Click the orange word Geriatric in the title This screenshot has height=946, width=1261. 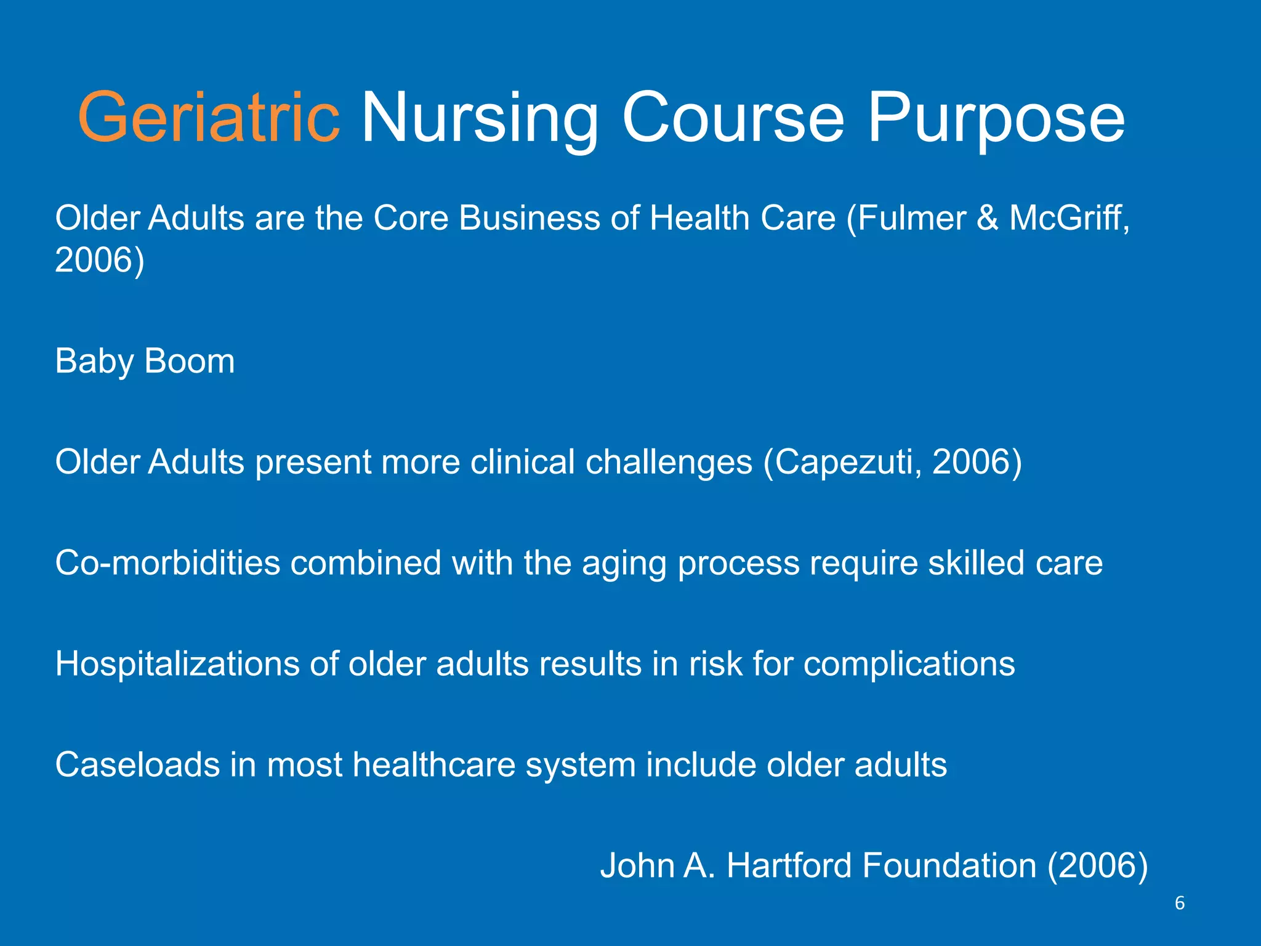pos(208,117)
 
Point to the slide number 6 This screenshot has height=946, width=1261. pos(1180,903)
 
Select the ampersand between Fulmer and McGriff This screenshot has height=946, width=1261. pos(987,218)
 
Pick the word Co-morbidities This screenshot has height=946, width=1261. pos(167,563)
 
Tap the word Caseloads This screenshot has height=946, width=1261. pos(137,765)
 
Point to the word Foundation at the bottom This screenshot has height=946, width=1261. pos(949,865)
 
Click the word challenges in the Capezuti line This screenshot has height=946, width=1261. pos(669,462)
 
